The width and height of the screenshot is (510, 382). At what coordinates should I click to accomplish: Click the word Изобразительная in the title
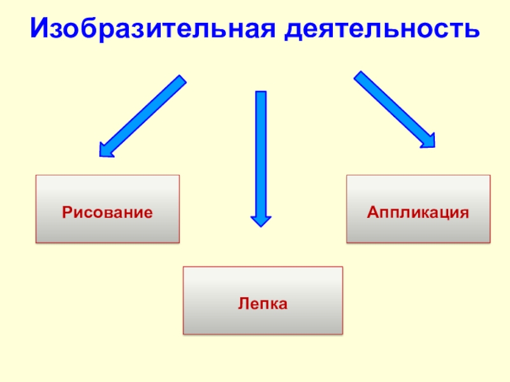click(153, 29)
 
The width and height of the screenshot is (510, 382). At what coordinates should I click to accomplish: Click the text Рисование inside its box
click(108, 211)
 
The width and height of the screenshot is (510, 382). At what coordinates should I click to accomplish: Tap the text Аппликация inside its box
click(418, 211)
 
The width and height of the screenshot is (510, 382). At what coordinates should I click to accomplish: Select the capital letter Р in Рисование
click(66, 211)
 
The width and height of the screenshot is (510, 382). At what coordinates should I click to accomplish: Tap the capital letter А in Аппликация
click(371, 211)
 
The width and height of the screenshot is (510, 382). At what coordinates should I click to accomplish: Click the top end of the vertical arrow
click(261, 94)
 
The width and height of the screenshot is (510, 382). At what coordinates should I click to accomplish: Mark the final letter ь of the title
click(473, 29)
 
